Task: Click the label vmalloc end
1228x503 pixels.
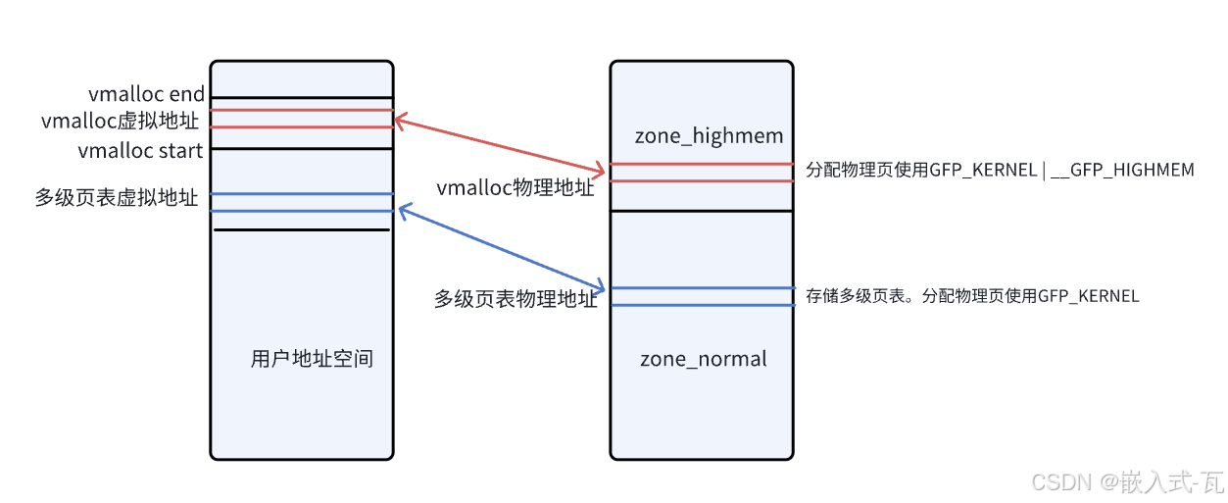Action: click(147, 95)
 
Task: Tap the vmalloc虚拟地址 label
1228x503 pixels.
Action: click(120, 122)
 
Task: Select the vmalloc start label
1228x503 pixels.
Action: click(140, 151)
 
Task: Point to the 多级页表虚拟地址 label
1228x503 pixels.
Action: click(117, 198)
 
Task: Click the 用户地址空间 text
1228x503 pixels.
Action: click(312, 360)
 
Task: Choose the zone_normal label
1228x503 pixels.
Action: click(704, 359)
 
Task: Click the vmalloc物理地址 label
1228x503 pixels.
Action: click(516, 188)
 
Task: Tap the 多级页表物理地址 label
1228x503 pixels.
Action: click(516, 299)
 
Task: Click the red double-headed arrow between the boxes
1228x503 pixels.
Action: click(500, 146)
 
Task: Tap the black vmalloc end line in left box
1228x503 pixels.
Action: click(302, 98)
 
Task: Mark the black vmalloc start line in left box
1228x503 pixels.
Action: click(302, 149)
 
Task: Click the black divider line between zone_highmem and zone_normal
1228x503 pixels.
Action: click(701, 211)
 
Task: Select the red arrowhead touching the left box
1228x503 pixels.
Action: click(399, 122)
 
